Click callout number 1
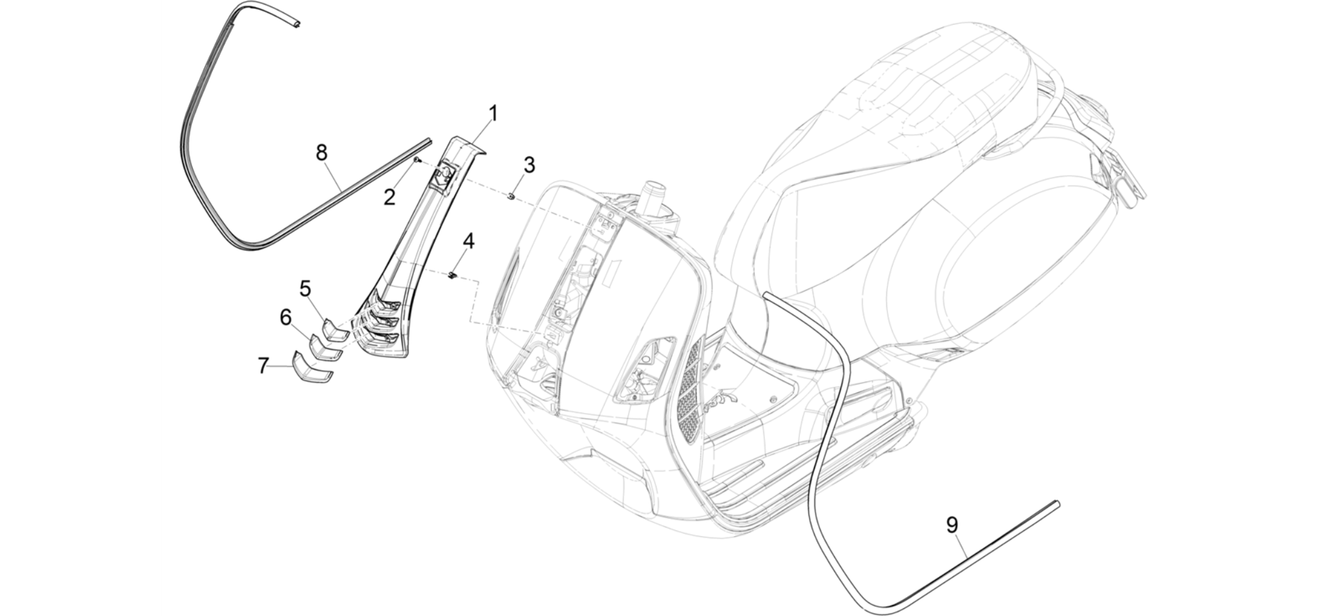[x=493, y=114]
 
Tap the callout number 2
[x=389, y=197]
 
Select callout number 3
[x=529, y=165]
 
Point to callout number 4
[x=468, y=242]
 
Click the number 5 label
[x=305, y=288]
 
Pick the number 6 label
[x=285, y=318]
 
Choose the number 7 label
[x=263, y=366]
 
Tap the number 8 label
[x=321, y=153]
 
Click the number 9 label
[x=952, y=525]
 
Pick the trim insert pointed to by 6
[x=326, y=348]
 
